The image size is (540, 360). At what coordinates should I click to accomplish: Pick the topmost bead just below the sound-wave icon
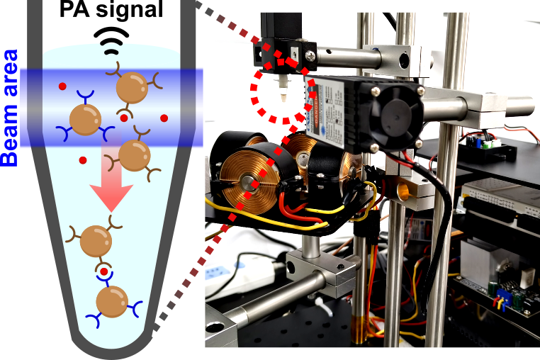[x=132, y=89]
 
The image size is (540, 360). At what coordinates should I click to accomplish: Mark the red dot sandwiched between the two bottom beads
[x=104, y=271]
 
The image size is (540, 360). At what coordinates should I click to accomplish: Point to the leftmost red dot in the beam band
[x=62, y=88]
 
